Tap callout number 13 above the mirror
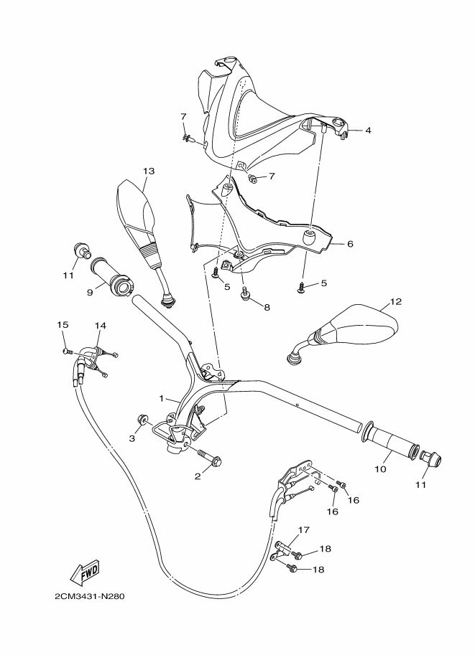click(x=149, y=171)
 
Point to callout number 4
click(x=367, y=131)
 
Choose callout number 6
click(x=350, y=244)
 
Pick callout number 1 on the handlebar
click(x=162, y=397)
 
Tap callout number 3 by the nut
click(x=132, y=438)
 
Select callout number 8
click(x=267, y=307)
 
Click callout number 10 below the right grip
click(x=381, y=469)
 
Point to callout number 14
click(x=100, y=326)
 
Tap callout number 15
click(x=63, y=325)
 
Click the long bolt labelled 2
click(x=208, y=456)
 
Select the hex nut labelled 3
click(x=142, y=420)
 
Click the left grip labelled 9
click(x=111, y=279)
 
